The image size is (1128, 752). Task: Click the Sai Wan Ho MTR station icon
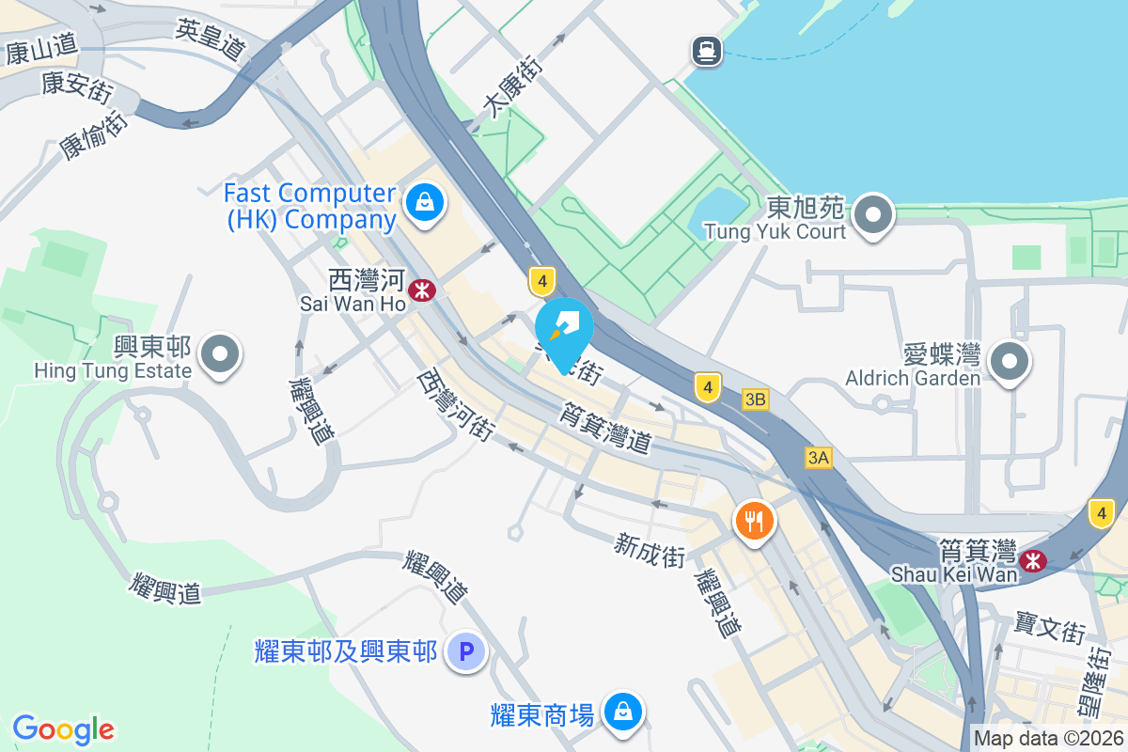[x=422, y=290]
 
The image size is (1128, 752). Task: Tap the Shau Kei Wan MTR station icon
[x=1033, y=561]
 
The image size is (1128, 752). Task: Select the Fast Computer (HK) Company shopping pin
[x=425, y=202]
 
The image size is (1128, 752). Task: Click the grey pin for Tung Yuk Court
[x=874, y=215]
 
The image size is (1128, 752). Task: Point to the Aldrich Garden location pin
[x=1010, y=362]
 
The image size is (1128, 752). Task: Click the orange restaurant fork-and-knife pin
[x=754, y=520]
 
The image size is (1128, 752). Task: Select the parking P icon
[x=465, y=650]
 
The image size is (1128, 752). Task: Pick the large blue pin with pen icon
[x=564, y=330]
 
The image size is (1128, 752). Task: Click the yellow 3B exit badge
[x=755, y=399]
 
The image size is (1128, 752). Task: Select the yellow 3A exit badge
[x=818, y=458]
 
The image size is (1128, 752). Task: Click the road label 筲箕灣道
[x=605, y=428]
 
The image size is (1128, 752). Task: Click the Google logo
[x=63, y=728]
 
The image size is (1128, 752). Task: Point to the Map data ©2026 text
[x=1048, y=738]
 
